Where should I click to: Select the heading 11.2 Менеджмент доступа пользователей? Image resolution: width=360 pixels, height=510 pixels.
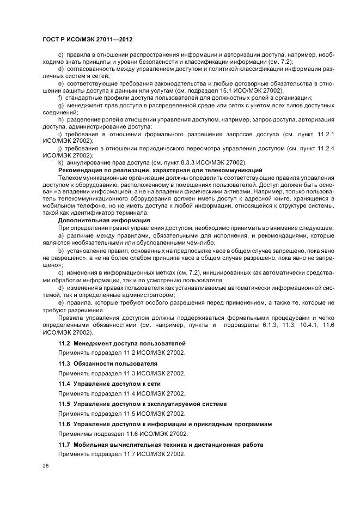click(x=122, y=343)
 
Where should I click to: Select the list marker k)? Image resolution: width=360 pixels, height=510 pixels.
click(x=60, y=163)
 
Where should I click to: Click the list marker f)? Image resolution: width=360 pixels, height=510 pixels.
click(x=60, y=97)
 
